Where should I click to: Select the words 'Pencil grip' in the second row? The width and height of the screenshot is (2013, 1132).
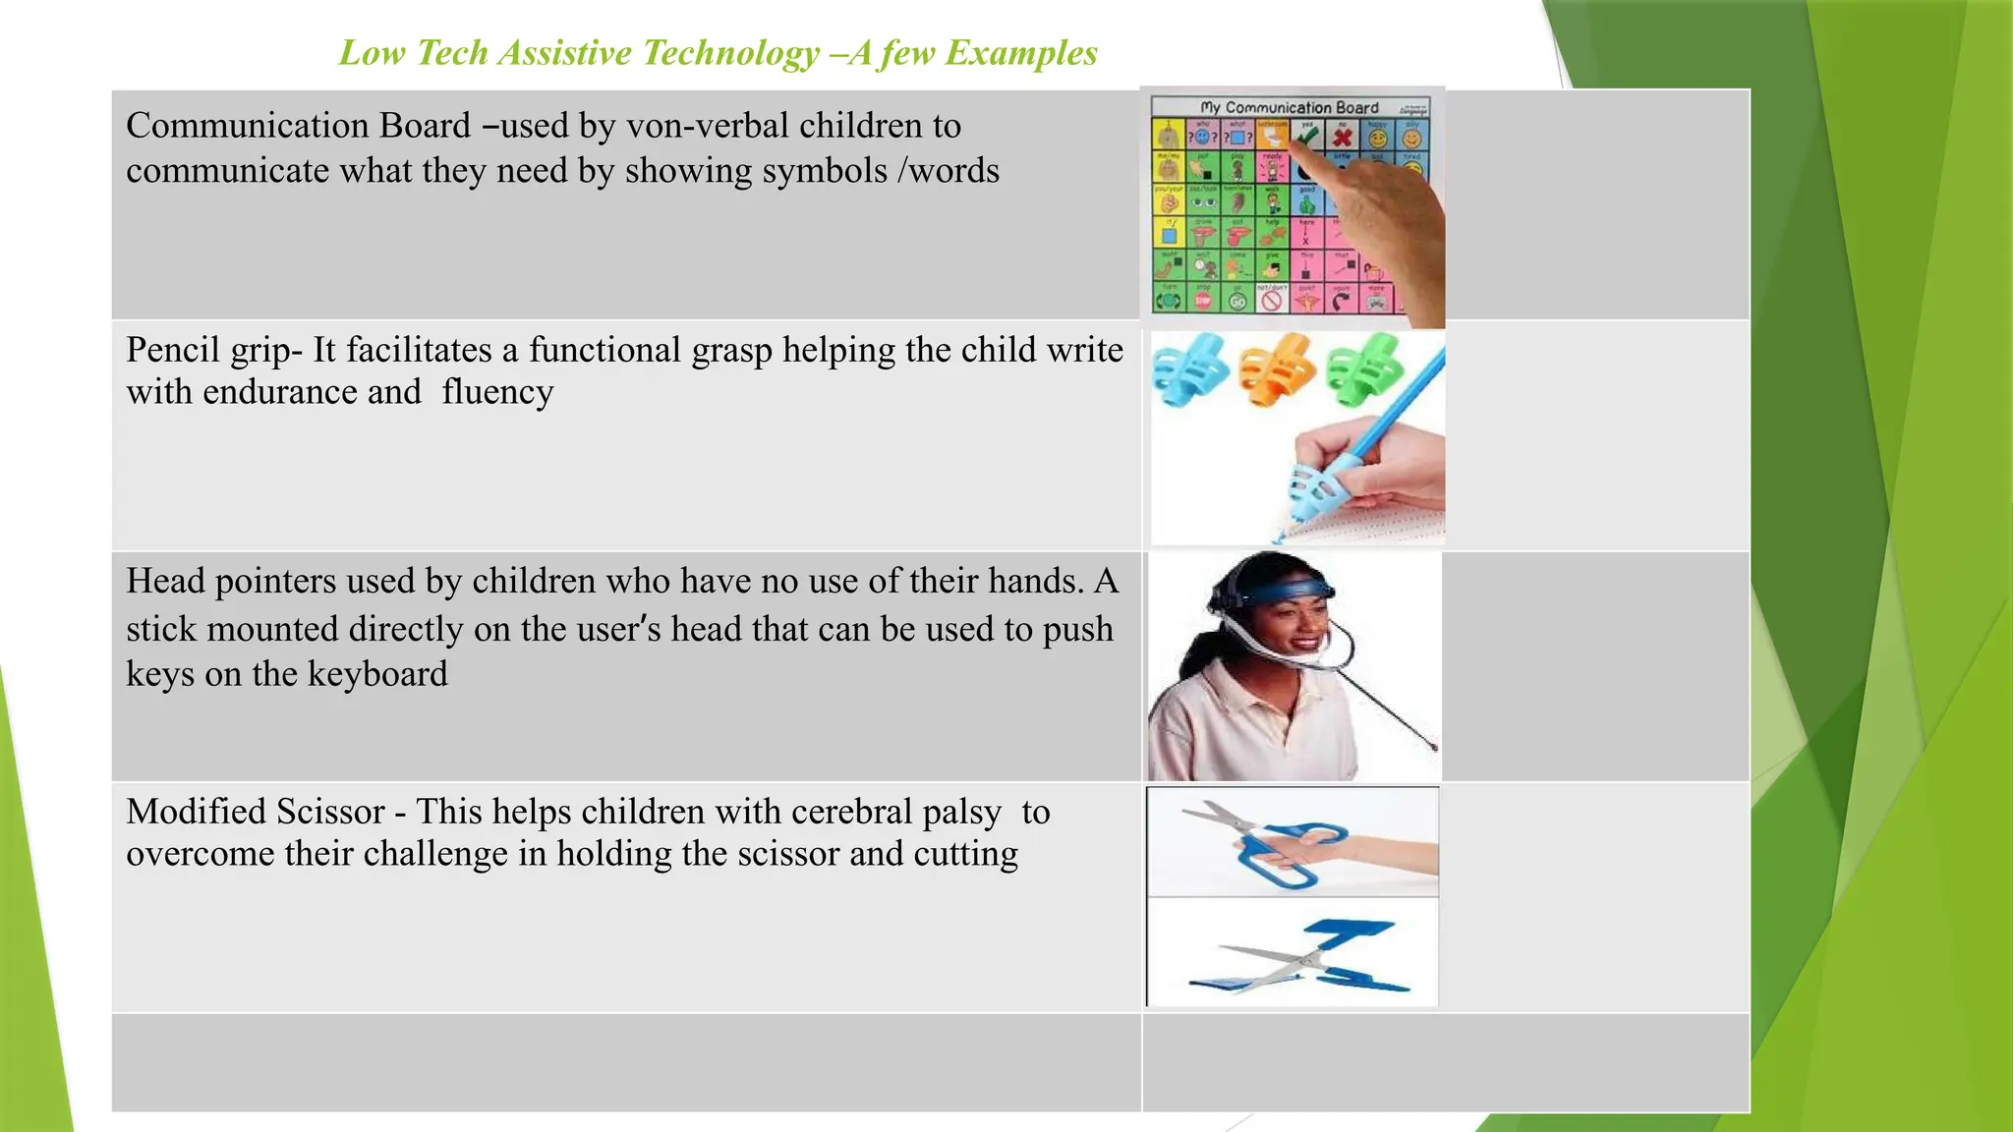coord(212,350)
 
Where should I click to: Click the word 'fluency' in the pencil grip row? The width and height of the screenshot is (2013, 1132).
coord(497,392)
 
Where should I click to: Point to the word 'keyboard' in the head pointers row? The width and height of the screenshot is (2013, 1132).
coord(377,674)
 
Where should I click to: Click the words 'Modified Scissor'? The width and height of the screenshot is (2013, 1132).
coord(256,812)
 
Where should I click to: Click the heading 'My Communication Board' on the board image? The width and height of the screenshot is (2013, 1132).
coord(1289,107)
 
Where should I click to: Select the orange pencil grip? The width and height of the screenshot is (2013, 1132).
coord(1277,369)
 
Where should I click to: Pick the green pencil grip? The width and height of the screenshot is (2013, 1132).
coord(1365,368)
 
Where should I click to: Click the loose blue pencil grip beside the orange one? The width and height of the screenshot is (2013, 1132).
coord(1190,369)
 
